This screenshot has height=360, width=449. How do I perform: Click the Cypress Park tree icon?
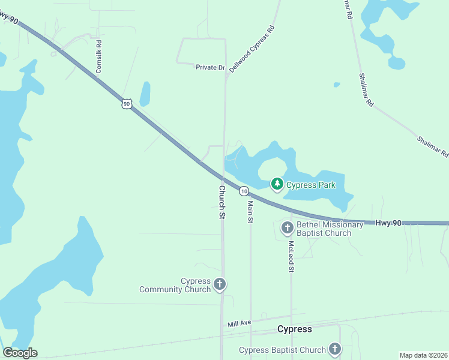[x=277, y=184]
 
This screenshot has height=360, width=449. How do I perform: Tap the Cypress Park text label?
[x=310, y=185]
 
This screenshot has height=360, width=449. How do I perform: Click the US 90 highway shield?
[x=126, y=104]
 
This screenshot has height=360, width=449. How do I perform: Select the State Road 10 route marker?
[x=243, y=191]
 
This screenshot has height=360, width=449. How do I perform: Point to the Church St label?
[x=221, y=202]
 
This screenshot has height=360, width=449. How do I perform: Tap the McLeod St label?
[x=291, y=256]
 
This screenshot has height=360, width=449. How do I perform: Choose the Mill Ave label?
[x=240, y=324]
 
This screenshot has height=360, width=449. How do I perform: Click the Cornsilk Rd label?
[x=99, y=57]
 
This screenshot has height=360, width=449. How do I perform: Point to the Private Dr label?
[x=209, y=67]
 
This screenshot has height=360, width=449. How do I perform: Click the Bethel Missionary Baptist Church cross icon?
[x=287, y=228]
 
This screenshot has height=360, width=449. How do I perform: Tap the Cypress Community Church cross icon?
[x=220, y=284]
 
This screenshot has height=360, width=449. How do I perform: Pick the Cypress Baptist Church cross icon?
[x=334, y=349]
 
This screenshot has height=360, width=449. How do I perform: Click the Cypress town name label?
[x=295, y=329]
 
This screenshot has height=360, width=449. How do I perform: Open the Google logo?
[x=20, y=353]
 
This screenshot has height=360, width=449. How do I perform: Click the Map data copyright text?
[x=423, y=355]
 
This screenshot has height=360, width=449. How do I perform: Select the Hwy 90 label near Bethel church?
[x=388, y=223]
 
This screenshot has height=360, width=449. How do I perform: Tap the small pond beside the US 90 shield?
[x=145, y=94]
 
